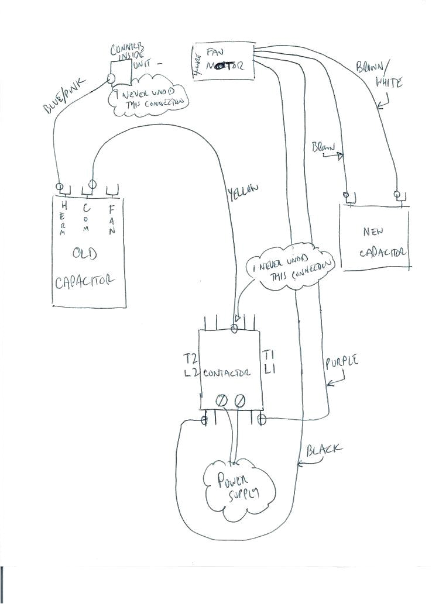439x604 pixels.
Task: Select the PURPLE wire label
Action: (341, 364)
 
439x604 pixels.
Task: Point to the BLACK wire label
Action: (324, 451)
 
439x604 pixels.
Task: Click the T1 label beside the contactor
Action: (269, 355)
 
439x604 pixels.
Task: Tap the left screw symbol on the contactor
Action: (222, 401)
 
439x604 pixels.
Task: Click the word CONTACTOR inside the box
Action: (228, 373)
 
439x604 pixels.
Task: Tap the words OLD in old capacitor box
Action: (85, 254)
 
